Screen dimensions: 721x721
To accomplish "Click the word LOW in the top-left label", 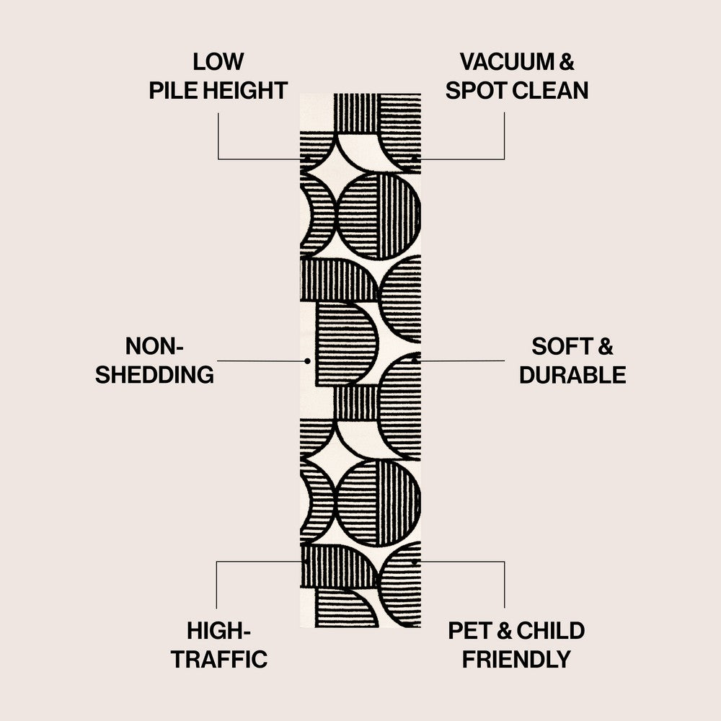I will tap(218, 61).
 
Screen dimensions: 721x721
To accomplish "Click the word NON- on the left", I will tap(154, 346).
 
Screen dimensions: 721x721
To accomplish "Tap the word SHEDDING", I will tap(154, 375).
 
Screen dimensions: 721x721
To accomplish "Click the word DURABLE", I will tap(572, 375).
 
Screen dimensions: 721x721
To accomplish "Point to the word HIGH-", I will tap(218, 630).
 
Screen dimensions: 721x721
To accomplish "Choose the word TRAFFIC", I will tap(218, 659).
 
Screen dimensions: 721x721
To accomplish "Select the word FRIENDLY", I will tap(516, 659).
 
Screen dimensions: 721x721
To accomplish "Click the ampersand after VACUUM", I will tap(567, 61).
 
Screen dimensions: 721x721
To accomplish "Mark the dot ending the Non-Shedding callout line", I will tap(308, 360).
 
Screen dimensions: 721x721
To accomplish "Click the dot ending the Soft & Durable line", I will tap(415, 360).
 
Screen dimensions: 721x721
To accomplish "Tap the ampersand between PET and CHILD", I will tap(505, 630).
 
